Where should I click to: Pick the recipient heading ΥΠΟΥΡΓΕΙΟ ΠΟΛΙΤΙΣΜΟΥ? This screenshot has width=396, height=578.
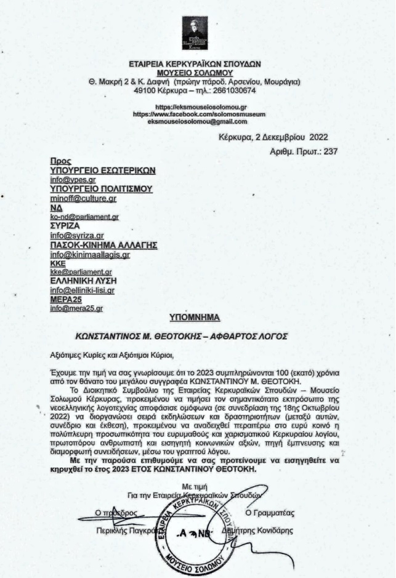[100, 189]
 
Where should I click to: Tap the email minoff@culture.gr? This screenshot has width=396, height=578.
[83, 198]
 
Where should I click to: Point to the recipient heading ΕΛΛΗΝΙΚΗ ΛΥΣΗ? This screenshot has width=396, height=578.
[84, 281]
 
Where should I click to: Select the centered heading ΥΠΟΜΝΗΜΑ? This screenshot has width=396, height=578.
[195, 318]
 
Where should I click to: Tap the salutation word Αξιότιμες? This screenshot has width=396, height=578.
[70, 355]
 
